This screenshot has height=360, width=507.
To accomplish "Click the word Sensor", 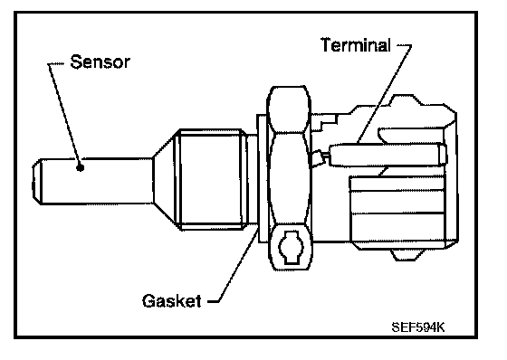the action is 100,62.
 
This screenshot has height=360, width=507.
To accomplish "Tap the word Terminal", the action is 356,44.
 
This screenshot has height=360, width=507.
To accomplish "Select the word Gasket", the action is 172,301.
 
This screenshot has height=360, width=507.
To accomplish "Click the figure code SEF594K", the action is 418,327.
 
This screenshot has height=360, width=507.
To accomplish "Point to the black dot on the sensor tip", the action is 80,167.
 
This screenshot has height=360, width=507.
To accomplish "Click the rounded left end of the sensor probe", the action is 37,181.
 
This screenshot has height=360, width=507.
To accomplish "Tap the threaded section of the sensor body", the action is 211,179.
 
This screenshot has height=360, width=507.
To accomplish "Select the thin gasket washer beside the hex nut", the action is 262,177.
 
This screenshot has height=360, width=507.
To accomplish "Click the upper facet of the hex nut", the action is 289,109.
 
